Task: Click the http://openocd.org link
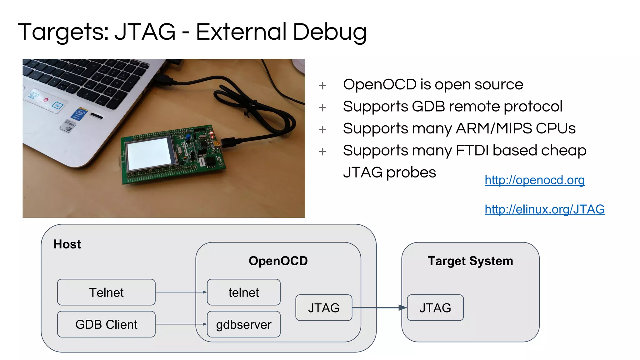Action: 534,180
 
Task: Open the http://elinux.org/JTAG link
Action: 544,209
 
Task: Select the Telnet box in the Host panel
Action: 106,292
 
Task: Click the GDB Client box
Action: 106,324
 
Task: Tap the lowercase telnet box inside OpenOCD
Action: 243,292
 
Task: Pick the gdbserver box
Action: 243,324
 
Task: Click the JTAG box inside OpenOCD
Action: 324,308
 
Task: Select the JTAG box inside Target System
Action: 435,308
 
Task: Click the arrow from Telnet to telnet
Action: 181,292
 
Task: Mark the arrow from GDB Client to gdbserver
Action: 181,324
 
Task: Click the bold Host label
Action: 67,244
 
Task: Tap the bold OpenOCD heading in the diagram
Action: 278,261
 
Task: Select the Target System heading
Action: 470,261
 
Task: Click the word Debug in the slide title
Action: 330,32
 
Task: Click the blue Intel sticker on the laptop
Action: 79,114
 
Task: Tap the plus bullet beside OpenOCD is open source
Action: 322,86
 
